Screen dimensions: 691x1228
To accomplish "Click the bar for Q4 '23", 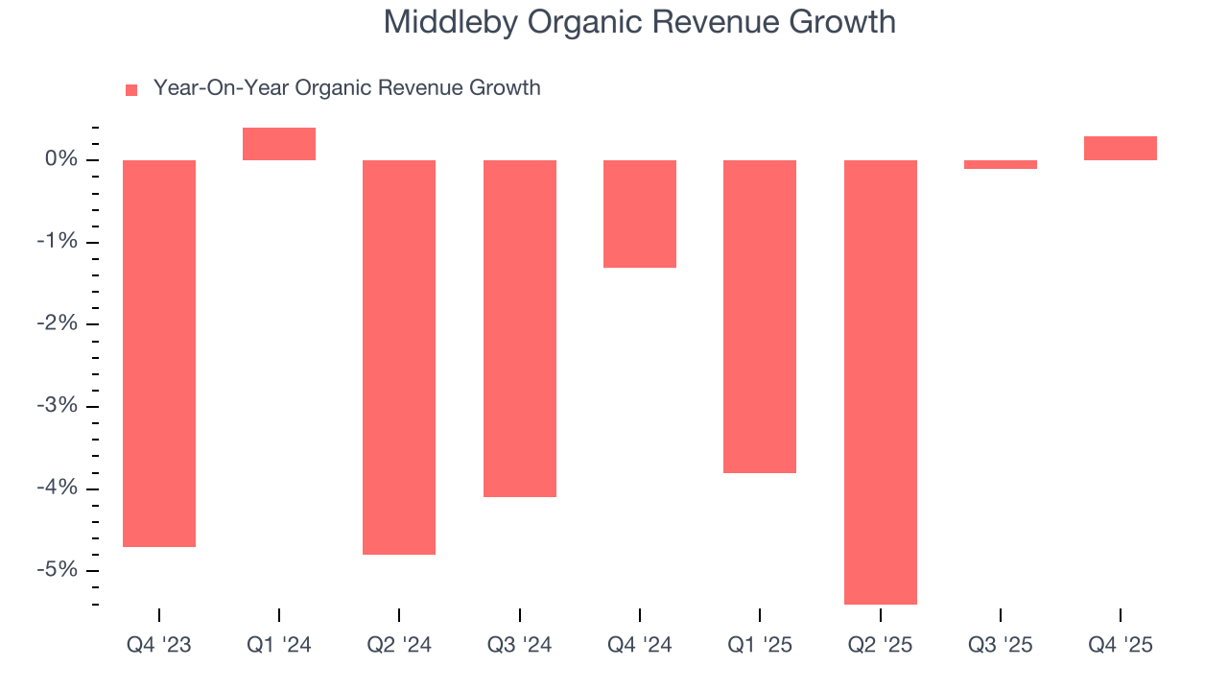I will tap(159, 353).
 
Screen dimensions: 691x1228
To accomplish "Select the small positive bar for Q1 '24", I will tap(279, 144).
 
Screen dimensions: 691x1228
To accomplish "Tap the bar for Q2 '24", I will tap(399, 357).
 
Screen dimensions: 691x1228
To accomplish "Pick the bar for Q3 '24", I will tap(519, 328).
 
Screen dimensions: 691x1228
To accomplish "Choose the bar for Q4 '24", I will tap(640, 214).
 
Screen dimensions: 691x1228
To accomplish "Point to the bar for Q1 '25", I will tap(760, 316).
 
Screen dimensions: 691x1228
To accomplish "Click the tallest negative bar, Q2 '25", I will tap(880, 382).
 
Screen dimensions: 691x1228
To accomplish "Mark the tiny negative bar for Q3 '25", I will tap(1001, 164).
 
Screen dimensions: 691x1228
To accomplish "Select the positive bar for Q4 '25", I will tap(1121, 148).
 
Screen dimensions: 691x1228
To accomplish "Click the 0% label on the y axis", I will tap(61, 159).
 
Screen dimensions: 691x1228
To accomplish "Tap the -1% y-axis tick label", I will tap(58, 242).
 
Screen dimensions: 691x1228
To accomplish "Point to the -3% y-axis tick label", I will tap(58, 406).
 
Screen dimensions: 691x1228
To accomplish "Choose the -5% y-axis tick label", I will tap(58, 570).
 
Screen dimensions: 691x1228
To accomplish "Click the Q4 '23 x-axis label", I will tap(159, 645).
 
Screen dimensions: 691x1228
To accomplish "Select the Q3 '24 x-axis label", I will tap(519, 645).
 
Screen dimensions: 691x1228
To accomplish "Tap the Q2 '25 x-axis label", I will tap(880, 645).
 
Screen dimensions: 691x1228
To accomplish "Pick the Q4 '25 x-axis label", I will tap(1121, 645).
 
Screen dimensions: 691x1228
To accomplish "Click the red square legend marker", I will tap(131, 89).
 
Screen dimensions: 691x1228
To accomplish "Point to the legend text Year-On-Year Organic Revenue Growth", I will tap(346, 88).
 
